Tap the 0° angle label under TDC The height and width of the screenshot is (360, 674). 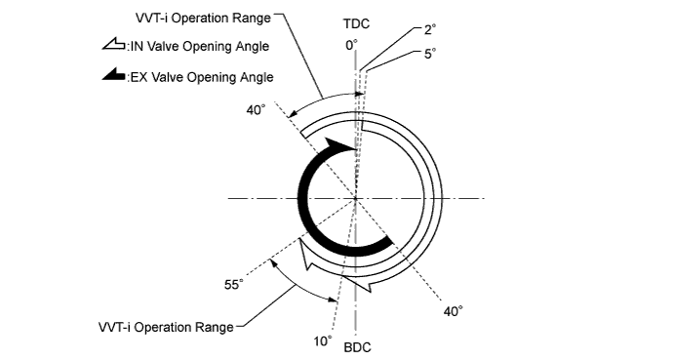[x=351, y=45]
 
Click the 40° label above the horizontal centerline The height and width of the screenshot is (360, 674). [x=258, y=109]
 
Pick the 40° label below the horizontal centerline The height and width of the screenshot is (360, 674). [x=453, y=310]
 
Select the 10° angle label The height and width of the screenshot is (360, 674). [x=322, y=341]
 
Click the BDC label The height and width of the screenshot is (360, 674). [x=357, y=347]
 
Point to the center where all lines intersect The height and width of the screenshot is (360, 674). [x=356, y=199]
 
